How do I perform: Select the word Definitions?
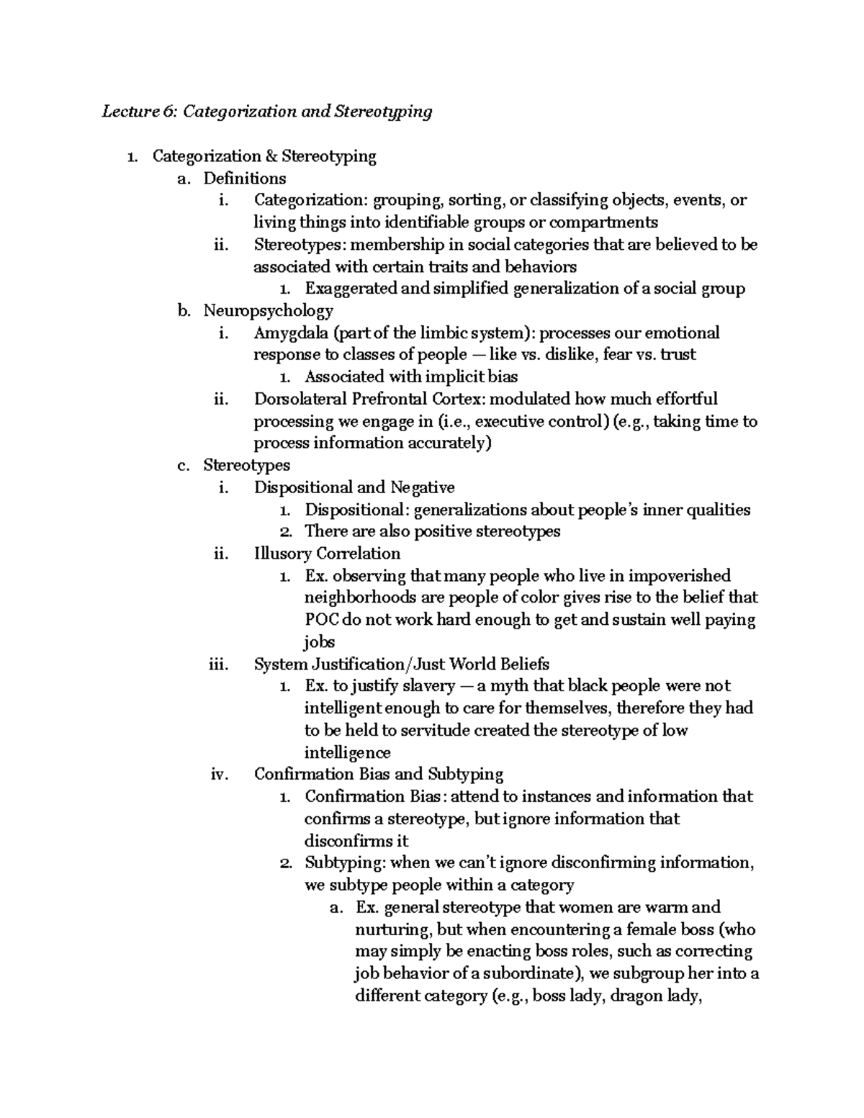point(244,179)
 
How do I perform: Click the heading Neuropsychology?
point(268,311)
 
